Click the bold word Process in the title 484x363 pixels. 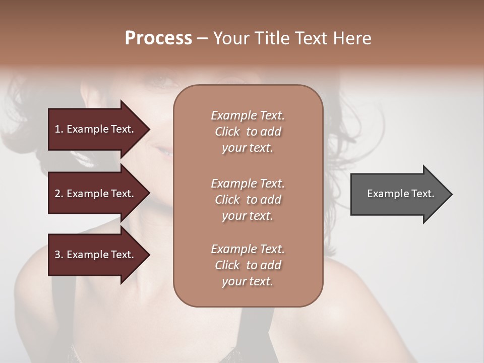pyautogui.click(x=158, y=38)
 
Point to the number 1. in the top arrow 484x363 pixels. pyautogui.click(x=59, y=129)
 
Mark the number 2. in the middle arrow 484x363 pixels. pyautogui.click(x=59, y=194)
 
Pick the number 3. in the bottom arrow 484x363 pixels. pyautogui.click(x=59, y=255)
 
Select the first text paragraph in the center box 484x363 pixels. pyautogui.click(x=248, y=132)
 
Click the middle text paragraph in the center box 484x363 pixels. pyautogui.click(x=248, y=199)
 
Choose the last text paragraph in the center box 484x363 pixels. pyautogui.click(x=248, y=265)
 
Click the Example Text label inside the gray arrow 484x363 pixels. pyautogui.click(x=400, y=194)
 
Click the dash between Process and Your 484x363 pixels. pyautogui.click(x=202, y=38)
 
